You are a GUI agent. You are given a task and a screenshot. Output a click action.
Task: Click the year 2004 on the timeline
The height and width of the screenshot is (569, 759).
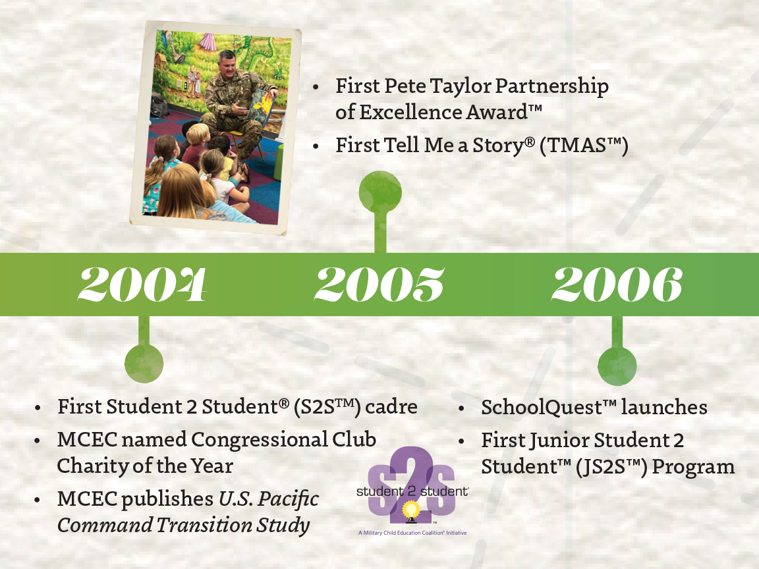[142, 284]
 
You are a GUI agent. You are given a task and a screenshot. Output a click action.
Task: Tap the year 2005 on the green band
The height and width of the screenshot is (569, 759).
[379, 284]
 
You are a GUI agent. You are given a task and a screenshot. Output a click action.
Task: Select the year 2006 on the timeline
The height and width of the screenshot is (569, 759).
[617, 284]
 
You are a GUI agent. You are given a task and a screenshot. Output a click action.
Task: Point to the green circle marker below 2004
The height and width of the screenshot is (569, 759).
[144, 364]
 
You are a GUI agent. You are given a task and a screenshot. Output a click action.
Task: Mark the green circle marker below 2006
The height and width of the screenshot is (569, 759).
[617, 367]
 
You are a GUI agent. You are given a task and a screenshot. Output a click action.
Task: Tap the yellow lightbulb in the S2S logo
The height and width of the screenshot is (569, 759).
[412, 510]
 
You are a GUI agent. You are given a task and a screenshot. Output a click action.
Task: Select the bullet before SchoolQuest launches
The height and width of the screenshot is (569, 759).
[463, 408]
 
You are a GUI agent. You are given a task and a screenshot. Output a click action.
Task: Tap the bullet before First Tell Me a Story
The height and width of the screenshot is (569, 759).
[317, 146]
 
